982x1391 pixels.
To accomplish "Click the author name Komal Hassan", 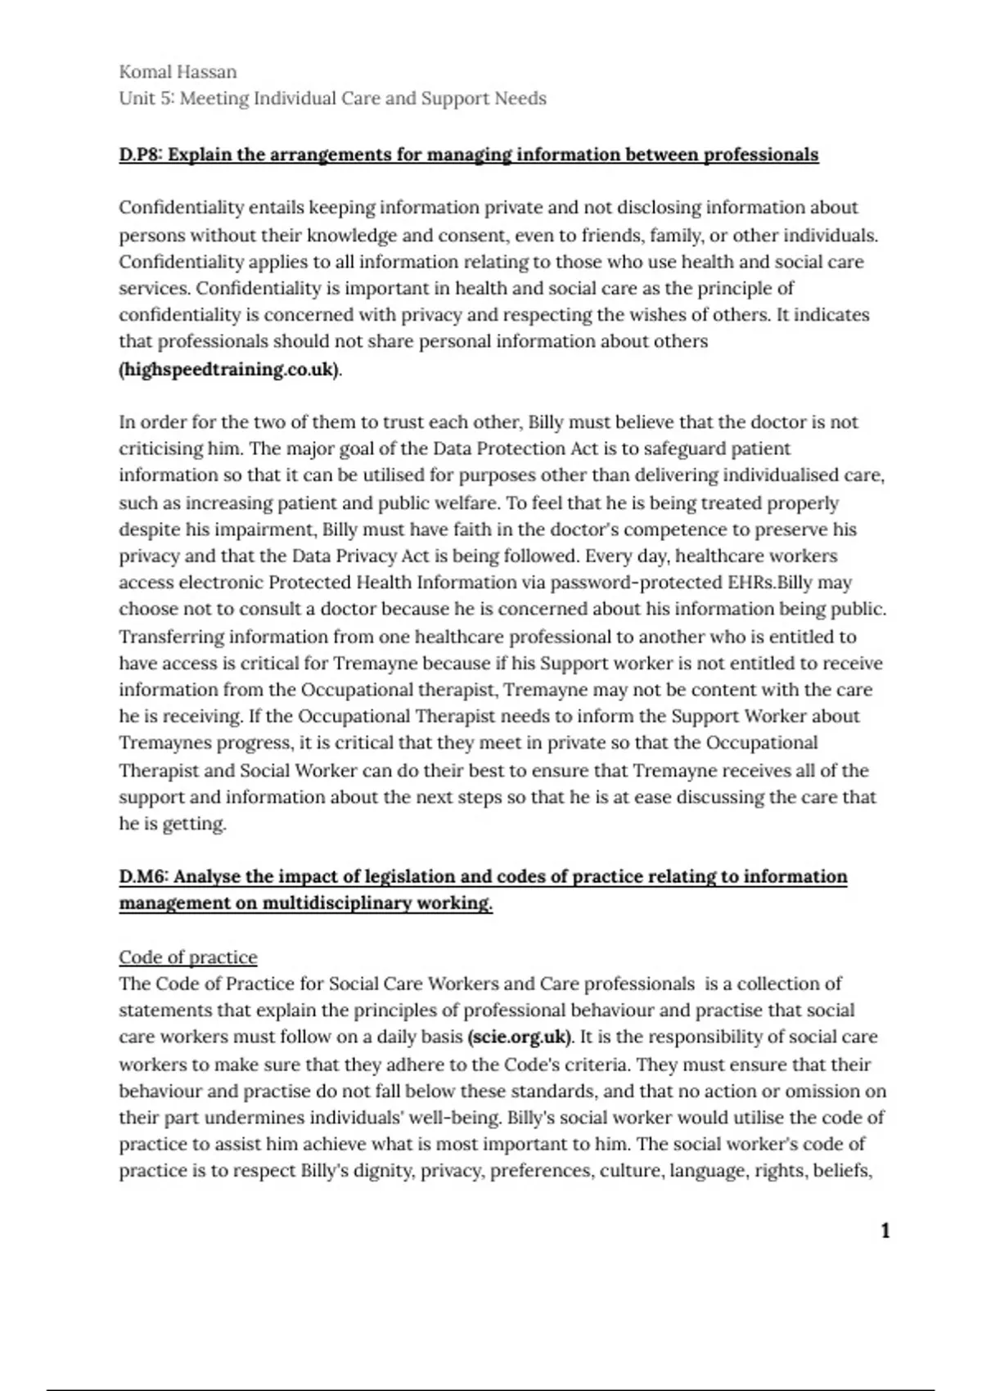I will pyautogui.click(x=178, y=72).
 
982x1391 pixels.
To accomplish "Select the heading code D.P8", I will pyautogui.click(x=140, y=155).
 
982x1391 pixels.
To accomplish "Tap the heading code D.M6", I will pyautogui.click(x=143, y=876).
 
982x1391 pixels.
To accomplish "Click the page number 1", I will pyautogui.click(x=885, y=1231).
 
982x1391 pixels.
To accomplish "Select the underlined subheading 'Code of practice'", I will pyautogui.click(x=188, y=957).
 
